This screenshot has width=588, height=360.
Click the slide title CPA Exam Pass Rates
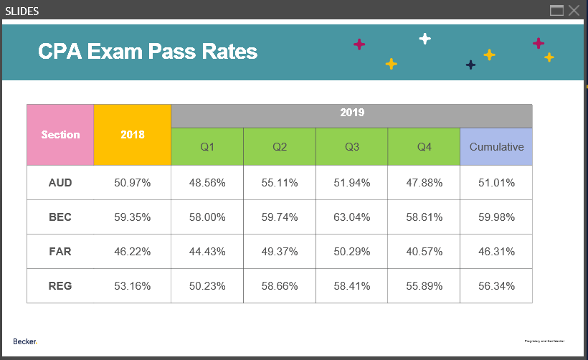pos(147,52)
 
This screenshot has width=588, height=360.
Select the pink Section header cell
pos(60,135)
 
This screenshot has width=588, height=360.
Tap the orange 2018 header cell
pos(133,135)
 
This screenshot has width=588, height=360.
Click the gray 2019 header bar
pos(351,113)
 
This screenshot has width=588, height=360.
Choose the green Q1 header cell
pos(207,146)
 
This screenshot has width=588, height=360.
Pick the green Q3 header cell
pos(352,146)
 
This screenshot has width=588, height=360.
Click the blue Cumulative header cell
pos(496,146)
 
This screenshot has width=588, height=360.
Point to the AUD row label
pos(60,183)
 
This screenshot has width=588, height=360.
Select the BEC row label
pos(60,217)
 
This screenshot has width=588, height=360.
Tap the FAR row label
pos(60,252)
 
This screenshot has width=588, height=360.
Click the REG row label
pos(60,286)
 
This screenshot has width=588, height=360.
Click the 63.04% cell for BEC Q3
pos(352,217)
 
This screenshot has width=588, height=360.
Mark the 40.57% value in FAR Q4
pos(425,252)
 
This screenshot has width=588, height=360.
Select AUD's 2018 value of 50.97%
pos(133,183)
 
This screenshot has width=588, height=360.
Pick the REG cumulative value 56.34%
pos(496,286)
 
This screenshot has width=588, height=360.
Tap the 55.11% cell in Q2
pos(280,183)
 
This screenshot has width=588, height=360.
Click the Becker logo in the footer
pos(25,341)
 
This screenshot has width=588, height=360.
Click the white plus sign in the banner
pos(425,38)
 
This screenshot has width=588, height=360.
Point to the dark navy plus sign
pos(470,65)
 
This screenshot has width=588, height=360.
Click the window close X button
pos(574,10)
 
